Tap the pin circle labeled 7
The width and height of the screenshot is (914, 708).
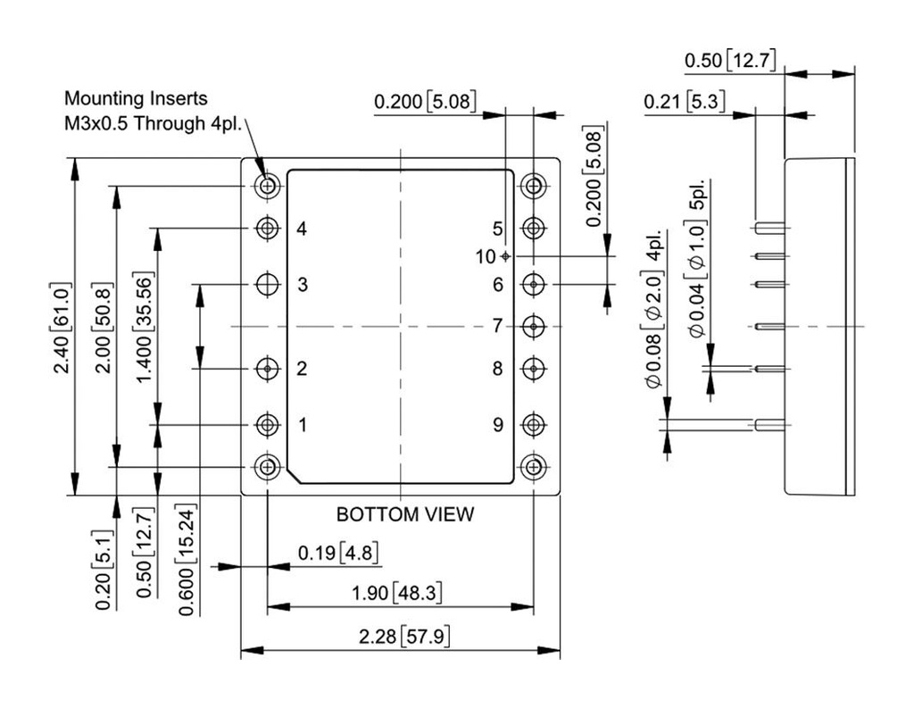tap(534, 327)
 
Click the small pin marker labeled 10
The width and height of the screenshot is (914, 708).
tap(506, 256)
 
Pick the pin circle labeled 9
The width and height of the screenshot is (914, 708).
tap(534, 425)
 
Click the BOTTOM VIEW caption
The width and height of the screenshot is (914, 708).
tap(404, 514)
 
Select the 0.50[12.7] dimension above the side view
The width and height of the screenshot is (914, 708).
tap(730, 61)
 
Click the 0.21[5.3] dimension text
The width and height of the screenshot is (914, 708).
tap(685, 103)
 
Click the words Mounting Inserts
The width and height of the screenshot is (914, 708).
tap(136, 98)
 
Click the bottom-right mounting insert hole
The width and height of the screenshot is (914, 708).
tap(534, 466)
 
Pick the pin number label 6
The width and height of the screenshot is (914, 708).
tap(498, 285)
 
